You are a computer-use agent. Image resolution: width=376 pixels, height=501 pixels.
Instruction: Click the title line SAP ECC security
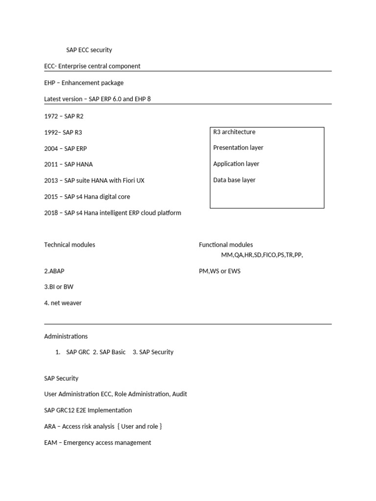click(89, 50)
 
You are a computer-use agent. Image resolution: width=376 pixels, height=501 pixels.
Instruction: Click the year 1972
click(51, 116)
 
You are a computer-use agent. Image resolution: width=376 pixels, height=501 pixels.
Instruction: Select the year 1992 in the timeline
click(51, 133)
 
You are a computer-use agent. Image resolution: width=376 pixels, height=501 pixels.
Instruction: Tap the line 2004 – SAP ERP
click(65, 149)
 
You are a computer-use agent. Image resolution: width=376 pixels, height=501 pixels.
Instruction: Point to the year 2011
click(51, 164)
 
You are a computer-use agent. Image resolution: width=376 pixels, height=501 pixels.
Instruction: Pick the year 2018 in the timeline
click(51, 213)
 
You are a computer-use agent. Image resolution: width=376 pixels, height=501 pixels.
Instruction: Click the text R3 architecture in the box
click(234, 132)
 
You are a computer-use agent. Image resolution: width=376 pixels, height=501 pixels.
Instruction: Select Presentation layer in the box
click(238, 148)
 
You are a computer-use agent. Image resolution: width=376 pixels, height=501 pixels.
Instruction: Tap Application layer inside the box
click(236, 164)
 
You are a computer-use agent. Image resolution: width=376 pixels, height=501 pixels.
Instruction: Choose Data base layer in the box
click(234, 180)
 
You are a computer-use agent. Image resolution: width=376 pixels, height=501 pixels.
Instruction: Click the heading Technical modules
click(70, 245)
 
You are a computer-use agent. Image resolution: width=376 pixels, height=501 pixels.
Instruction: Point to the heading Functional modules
click(226, 245)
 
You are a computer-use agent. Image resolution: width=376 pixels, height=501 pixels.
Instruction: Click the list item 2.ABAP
click(54, 271)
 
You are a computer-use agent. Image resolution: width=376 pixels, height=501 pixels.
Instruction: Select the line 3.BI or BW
click(59, 287)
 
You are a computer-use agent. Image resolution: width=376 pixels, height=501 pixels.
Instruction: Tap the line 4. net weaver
click(63, 303)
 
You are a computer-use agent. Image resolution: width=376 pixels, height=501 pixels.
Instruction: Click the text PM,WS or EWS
click(219, 271)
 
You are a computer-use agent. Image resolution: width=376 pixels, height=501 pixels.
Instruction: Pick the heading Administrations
click(66, 337)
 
